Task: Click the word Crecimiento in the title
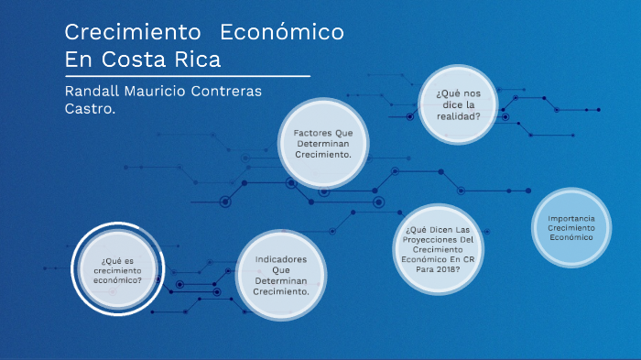tap(132, 32)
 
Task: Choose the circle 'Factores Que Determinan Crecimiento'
tap(323, 144)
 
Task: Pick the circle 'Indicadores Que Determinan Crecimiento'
tap(281, 276)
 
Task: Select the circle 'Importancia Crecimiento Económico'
tap(571, 228)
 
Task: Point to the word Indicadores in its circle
tap(281, 259)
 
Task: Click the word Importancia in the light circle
tap(571, 218)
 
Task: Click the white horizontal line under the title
tap(188, 76)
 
